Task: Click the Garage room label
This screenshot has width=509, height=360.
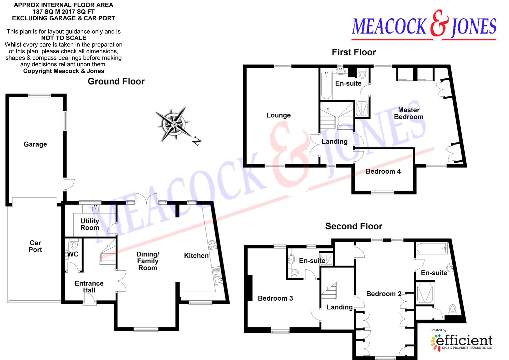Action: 35,144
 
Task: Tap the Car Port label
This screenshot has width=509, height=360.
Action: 35,246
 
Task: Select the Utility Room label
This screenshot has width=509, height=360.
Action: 90,224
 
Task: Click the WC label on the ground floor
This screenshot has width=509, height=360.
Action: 73,254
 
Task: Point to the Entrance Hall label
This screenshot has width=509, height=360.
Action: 89,287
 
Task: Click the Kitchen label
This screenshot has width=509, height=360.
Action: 196,256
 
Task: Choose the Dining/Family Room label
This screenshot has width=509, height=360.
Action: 148,261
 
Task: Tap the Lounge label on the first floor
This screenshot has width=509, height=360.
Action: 278,115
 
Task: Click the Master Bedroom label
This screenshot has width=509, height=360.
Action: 409,113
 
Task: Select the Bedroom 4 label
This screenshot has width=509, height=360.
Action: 383,171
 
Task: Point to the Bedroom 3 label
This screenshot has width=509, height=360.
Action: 275,298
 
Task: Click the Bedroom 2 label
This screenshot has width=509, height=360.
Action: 384,294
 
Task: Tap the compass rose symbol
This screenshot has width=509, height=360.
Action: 173,124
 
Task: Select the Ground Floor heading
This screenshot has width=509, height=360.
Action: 116,81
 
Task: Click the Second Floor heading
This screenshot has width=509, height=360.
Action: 353,226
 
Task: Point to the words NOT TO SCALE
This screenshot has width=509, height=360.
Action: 64,38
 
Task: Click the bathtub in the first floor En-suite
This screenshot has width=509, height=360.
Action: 326,85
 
